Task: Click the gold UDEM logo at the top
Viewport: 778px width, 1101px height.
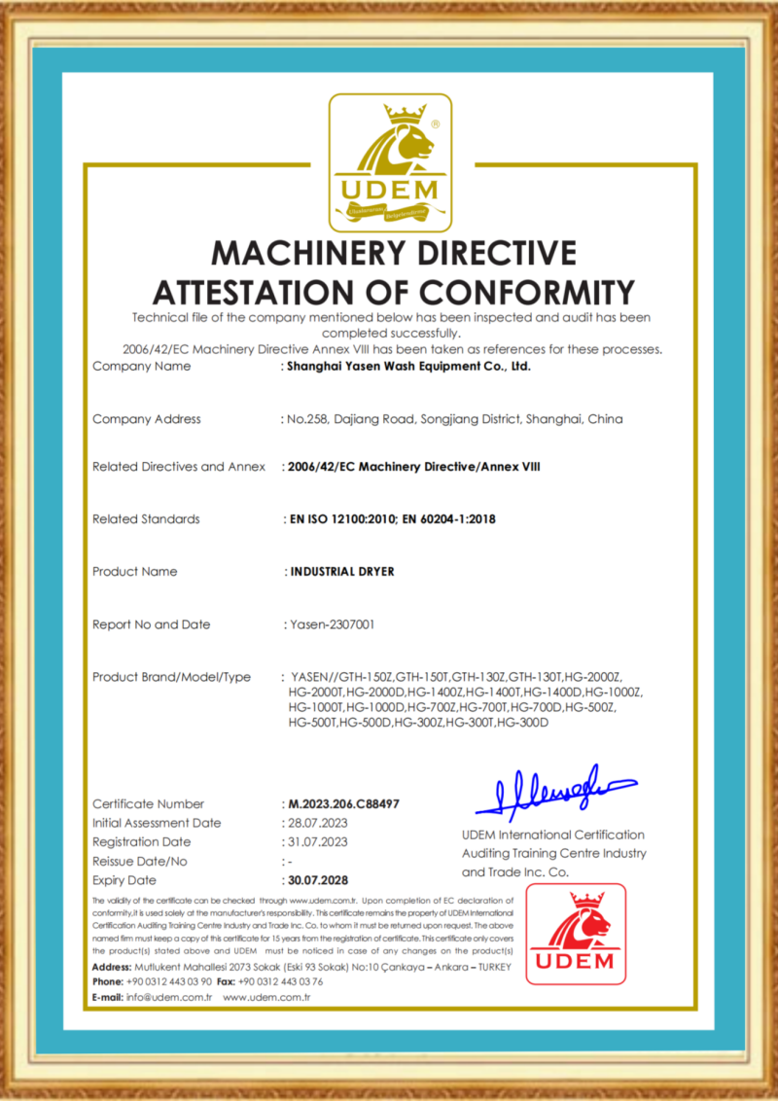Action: tap(389, 159)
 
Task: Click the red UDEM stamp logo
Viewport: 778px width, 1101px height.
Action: tap(576, 934)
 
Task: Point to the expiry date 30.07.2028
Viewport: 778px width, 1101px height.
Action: tap(318, 880)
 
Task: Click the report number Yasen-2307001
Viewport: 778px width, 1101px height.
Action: tap(330, 624)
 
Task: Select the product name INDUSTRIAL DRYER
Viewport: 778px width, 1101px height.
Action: tap(342, 572)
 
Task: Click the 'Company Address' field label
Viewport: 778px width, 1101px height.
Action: tap(147, 419)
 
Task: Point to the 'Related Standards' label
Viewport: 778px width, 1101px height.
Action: tap(146, 519)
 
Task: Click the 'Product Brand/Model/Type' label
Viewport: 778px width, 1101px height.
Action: tap(171, 677)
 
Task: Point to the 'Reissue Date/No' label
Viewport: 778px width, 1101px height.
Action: tap(140, 862)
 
